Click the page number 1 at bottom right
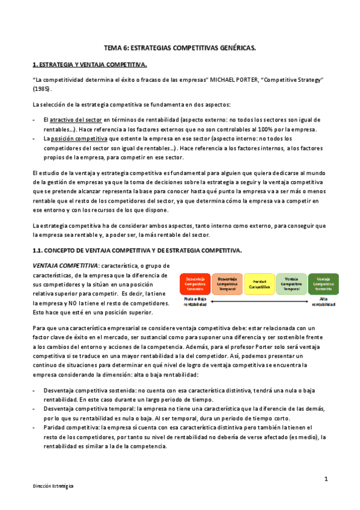(325, 479)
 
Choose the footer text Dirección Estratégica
(53, 485)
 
